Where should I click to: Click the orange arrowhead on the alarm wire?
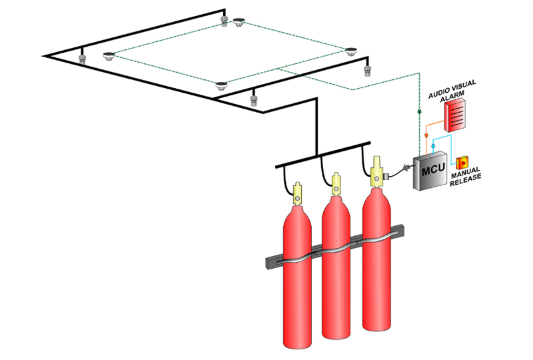tap(425, 135)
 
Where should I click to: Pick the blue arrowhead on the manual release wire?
tap(434, 143)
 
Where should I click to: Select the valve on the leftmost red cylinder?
tap(297, 194)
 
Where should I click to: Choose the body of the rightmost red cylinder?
tap(378, 267)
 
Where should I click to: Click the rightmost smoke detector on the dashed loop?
tap(352, 50)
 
